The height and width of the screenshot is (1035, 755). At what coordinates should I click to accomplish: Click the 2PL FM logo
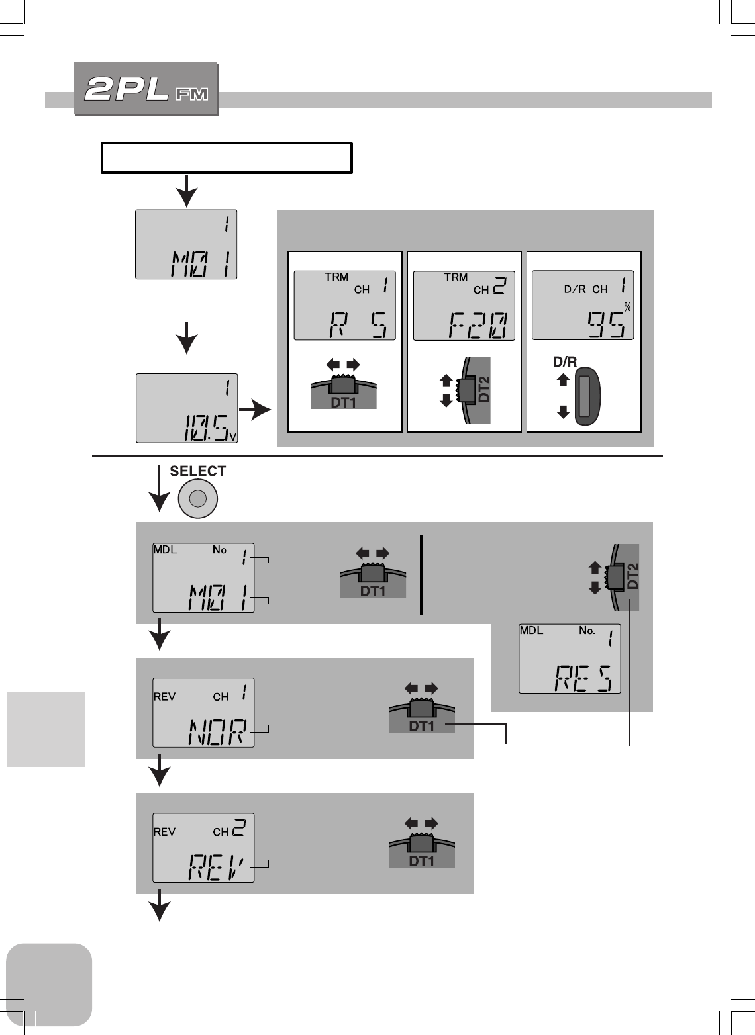(x=146, y=89)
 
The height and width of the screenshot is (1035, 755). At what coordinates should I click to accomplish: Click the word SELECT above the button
(x=197, y=471)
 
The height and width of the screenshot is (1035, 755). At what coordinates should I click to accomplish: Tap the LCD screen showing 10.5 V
(x=186, y=408)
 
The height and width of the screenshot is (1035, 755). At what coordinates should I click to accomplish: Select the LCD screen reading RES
(x=570, y=658)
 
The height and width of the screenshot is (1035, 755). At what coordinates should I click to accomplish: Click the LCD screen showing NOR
(x=203, y=713)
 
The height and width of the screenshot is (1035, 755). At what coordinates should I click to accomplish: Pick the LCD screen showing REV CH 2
(x=203, y=848)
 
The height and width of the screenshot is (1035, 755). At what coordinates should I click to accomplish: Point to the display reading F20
(x=464, y=306)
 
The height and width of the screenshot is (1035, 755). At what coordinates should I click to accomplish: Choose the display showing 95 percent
(x=583, y=306)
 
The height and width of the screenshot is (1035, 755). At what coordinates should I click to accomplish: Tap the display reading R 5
(x=344, y=306)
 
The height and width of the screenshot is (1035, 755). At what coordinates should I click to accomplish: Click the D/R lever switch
(x=585, y=396)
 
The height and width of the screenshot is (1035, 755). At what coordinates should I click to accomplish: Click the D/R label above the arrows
(x=565, y=362)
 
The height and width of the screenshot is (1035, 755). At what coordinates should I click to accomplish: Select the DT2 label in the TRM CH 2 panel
(x=484, y=389)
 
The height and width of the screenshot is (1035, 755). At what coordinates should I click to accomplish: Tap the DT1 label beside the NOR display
(x=421, y=726)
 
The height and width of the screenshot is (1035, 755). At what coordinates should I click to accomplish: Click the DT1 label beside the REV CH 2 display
(x=421, y=861)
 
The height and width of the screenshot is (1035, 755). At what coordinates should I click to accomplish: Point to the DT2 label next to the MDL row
(x=632, y=576)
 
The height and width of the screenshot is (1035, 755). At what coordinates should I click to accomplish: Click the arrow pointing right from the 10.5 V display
(x=255, y=411)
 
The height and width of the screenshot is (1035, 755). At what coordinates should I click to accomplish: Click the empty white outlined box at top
(x=226, y=157)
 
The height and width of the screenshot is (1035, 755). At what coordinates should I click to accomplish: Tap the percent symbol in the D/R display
(x=627, y=307)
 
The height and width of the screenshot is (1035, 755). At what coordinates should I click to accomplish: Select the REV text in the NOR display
(x=164, y=697)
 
